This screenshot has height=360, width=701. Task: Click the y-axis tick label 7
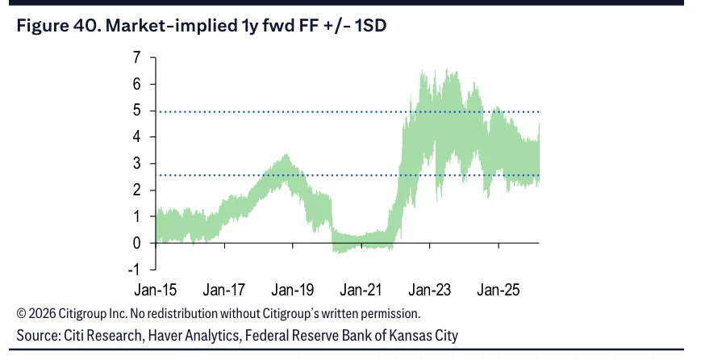[x=136, y=57]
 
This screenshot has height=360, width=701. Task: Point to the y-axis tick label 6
[x=136, y=84]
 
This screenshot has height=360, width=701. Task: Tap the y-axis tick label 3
[x=136, y=163]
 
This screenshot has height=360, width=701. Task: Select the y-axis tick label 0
[x=136, y=243]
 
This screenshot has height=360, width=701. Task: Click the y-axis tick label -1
[x=134, y=270]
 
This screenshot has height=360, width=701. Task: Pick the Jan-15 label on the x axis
[x=156, y=290]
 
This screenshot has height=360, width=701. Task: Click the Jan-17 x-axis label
[x=224, y=290]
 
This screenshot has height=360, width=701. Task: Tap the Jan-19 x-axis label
[x=293, y=290]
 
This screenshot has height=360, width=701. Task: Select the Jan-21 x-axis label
[x=361, y=290]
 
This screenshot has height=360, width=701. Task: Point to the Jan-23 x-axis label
[x=430, y=290]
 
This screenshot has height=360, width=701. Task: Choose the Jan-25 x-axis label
[x=499, y=290]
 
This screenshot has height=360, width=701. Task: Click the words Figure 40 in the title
[x=59, y=26]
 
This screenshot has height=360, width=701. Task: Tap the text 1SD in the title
[x=370, y=26]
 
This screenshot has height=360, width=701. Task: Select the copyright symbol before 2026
[x=21, y=313]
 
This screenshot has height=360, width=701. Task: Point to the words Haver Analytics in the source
[x=194, y=336]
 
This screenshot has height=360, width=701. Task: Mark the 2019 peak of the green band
[x=286, y=154]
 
